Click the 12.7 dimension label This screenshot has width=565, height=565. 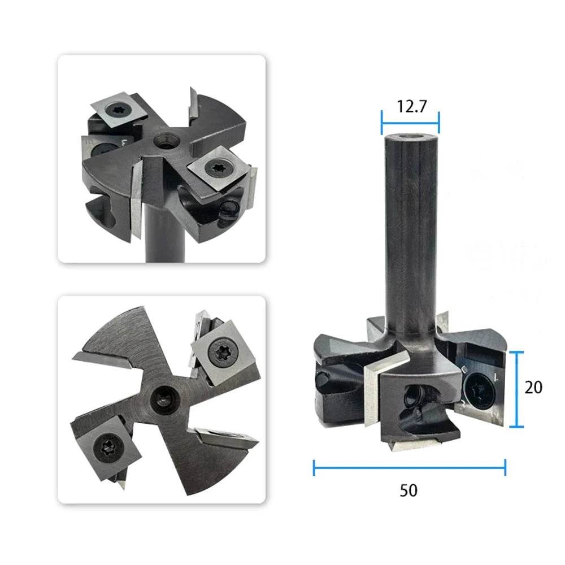click(x=411, y=106)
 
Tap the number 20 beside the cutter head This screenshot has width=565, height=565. click(x=533, y=388)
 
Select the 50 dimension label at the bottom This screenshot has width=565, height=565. click(x=408, y=490)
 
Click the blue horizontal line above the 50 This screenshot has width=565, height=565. click(x=410, y=468)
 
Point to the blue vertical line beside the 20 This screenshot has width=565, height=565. click(x=517, y=389)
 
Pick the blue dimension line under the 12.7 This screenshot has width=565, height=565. click(x=410, y=123)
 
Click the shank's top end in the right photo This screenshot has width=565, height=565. click(x=410, y=138)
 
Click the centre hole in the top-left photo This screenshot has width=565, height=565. click(x=166, y=141)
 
